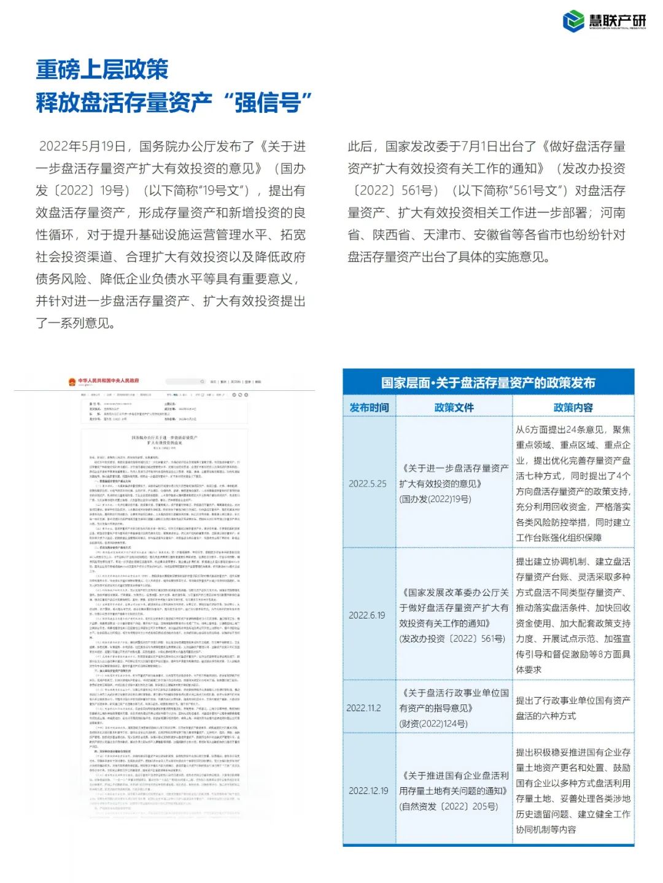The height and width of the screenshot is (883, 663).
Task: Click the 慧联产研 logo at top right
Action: pos(604,21)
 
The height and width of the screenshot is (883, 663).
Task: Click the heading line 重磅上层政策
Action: pos(102,69)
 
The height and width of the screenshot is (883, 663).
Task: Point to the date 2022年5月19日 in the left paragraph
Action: pos(82,147)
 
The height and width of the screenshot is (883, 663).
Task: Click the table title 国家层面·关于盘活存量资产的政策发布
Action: pos(488,383)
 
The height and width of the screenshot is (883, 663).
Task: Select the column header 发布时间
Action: pos(369,407)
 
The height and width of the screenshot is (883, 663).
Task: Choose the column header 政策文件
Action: pos(454,407)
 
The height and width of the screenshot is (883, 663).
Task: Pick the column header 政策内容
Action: pos(573,407)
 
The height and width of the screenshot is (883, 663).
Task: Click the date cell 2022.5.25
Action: pos(368,484)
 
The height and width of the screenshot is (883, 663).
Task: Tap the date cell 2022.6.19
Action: pos(367,615)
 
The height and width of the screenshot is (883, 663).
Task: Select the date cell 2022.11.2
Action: pos(364,708)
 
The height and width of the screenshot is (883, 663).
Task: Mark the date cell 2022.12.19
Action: pos(368,790)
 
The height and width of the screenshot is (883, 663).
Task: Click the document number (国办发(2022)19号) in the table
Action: pos(435,499)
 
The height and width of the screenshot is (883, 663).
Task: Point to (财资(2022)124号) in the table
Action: pos(433,723)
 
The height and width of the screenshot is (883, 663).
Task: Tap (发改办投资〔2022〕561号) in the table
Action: pos(452,639)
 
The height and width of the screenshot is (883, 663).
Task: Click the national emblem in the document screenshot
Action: pos(72,382)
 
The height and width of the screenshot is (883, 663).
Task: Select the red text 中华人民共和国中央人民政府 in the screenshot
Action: pos(108,381)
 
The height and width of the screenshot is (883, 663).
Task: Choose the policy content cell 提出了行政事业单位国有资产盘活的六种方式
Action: pos(573,708)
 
